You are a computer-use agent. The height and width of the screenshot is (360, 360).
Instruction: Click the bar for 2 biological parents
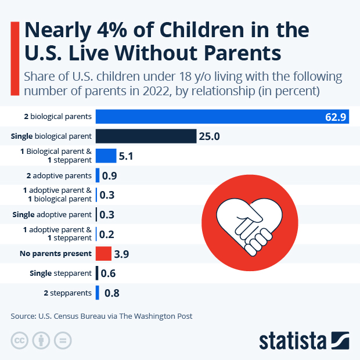click(x=221, y=116)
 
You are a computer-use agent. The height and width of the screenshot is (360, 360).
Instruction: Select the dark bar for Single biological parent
click(x=146, y=136)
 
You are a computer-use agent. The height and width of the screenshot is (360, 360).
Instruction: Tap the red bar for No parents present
click(x=103, y=254)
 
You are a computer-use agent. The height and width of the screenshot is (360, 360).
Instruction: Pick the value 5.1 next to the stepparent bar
click(x=127, y=156)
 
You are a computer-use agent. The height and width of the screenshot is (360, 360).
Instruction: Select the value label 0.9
click(x=110, y=175)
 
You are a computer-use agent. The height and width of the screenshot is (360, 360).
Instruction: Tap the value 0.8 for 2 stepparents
click(x=111, y=293)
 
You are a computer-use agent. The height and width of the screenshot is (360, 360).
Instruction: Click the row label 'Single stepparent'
click(x=60, y=273)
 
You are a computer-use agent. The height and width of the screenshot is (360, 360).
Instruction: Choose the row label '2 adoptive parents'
click(x=59, y=175)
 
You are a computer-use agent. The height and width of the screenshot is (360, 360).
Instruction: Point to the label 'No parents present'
click(x=56, y=254)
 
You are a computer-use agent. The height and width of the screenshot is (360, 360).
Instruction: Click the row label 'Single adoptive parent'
click(x=52, y=215)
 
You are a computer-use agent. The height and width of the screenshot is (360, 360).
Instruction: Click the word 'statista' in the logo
click(x=293, y=339)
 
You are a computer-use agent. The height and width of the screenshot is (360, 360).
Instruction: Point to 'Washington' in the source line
click(x=151, y=316)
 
